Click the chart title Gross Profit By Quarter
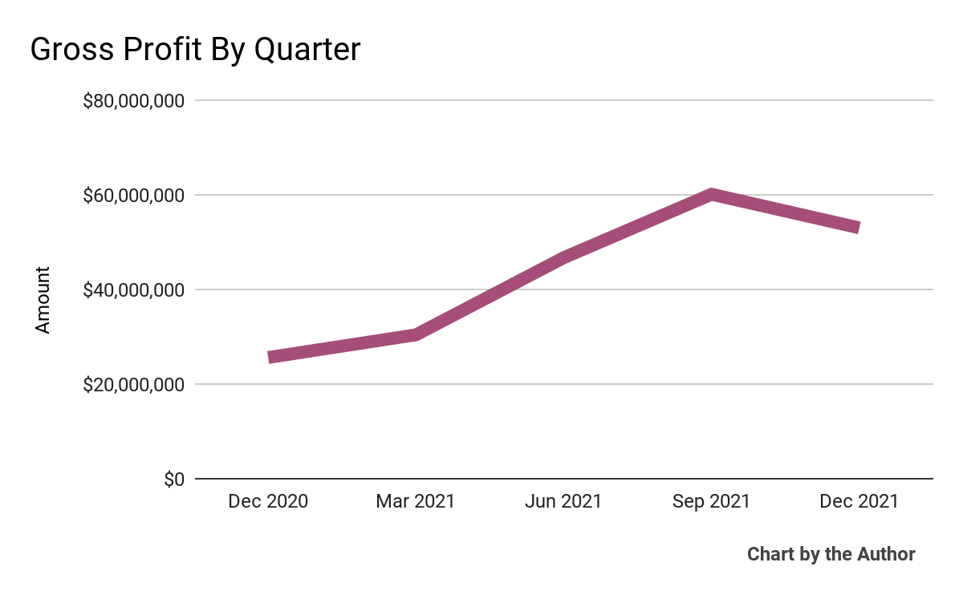point(195,51)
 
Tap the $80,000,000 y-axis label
point(134,101)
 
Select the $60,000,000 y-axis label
point(134,195)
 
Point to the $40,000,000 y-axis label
point(134,289)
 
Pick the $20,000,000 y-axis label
point(134,384)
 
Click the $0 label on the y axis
point(174,479)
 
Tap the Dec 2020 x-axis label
point(268,502)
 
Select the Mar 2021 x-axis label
point(416,502)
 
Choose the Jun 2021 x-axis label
point(563,502)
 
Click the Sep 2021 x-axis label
point(711,502)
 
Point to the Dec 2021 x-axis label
point(859,502)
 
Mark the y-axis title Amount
point(43,300)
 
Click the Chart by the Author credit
point(831,554)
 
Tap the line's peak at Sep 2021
point(711,195)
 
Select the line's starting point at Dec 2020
point(270,358)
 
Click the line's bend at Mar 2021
point(416,334)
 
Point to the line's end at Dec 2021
point(858,228)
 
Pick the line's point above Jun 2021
point(563,258)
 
